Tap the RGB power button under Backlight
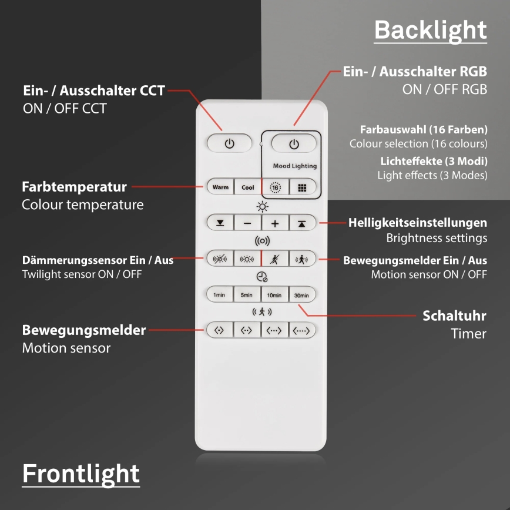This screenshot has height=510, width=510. [x=294, y=144]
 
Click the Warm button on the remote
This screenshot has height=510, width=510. [x=220, y=187]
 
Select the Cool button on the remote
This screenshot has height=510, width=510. [x=248, y=187]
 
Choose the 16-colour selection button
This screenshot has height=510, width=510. [x=275, y=187]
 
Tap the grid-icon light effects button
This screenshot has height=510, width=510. [x=302, y=187]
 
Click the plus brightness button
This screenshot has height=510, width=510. [x=275, y=223]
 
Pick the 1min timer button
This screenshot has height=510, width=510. [x=220, y=295]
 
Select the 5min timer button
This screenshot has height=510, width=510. [x=247, y=295]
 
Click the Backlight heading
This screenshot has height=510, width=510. [x=430, y=30]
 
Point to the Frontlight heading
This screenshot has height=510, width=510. [x=81, y=474]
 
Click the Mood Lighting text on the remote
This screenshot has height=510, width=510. [x=294, y=166]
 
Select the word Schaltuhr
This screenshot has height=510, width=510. [x=454, y=316]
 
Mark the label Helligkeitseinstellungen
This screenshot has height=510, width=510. [x=417, y=223]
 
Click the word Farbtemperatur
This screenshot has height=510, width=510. [x=74, y=187]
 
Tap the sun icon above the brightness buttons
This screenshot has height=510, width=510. [x=261, y=206]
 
